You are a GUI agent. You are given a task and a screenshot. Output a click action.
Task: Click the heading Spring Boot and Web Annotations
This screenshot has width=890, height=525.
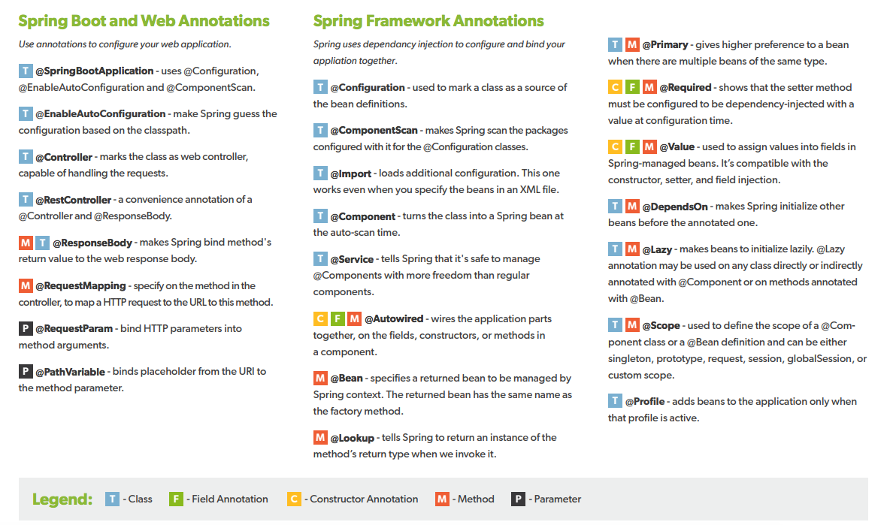pos(144,21)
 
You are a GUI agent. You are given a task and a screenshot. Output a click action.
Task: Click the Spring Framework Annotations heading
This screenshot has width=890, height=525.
pos(428,21)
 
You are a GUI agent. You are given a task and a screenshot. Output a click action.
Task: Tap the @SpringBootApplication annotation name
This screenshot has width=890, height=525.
pos(95,71)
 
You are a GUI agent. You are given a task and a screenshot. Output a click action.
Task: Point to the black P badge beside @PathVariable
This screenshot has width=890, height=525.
pos(26,372)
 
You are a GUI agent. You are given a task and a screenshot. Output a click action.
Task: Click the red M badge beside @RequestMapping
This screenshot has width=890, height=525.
pos(26,286)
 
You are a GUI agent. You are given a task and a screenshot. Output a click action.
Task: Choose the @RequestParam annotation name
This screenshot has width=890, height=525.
pos(74,329)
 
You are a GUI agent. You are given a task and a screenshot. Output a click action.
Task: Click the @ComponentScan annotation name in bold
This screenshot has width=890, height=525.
pos(374,131)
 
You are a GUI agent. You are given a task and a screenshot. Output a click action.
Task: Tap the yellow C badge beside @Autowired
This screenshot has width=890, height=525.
pos(320,319)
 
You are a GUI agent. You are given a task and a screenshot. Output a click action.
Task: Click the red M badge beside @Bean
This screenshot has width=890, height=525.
pos(320,379)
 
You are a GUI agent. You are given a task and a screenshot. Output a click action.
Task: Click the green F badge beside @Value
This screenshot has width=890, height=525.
pos(632,147)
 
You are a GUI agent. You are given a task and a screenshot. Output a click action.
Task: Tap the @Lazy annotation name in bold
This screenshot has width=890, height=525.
pos(658,249)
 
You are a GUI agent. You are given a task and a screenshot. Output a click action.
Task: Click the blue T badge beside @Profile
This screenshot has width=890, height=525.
pos(615,402)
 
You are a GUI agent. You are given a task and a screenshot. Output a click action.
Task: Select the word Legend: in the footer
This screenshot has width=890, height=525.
pos(62,499)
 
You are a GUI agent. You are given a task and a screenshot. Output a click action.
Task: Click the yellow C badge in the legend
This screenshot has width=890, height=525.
pos(294,499)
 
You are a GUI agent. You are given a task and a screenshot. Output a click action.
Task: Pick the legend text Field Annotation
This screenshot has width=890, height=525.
pos(229,499)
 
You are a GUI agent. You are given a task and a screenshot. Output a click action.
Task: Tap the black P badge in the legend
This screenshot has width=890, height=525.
pos(518,499)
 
